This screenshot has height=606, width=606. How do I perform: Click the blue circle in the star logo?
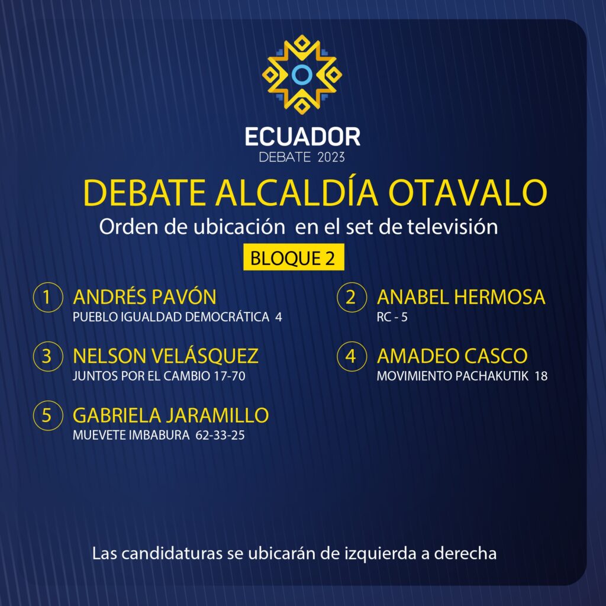pos(302,66)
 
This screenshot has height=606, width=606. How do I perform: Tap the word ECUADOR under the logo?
pos(302,137)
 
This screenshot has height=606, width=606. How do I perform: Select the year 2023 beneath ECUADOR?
pos(331,157)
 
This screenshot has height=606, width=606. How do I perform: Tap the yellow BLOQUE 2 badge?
pos(294,257)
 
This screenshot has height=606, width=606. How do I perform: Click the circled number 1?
pos(48,297)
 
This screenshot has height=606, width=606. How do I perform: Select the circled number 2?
pos(352,297)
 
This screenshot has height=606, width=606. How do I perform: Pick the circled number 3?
pos(48,356)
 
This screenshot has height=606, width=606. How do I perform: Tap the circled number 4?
pos(352,356)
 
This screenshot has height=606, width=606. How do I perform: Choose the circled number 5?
pos(48,415)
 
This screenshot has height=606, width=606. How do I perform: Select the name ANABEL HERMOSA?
pos(461,297)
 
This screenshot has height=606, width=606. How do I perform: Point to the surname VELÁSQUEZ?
pos(204,355)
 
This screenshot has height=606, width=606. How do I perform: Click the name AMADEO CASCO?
pos(452,356)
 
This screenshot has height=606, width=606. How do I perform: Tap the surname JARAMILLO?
pos(218,415)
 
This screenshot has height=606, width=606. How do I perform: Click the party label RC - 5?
pos(392,317)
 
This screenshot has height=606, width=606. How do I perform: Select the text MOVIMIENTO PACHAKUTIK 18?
pos(462,376)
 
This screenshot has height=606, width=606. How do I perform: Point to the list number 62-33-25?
pos(220,435)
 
